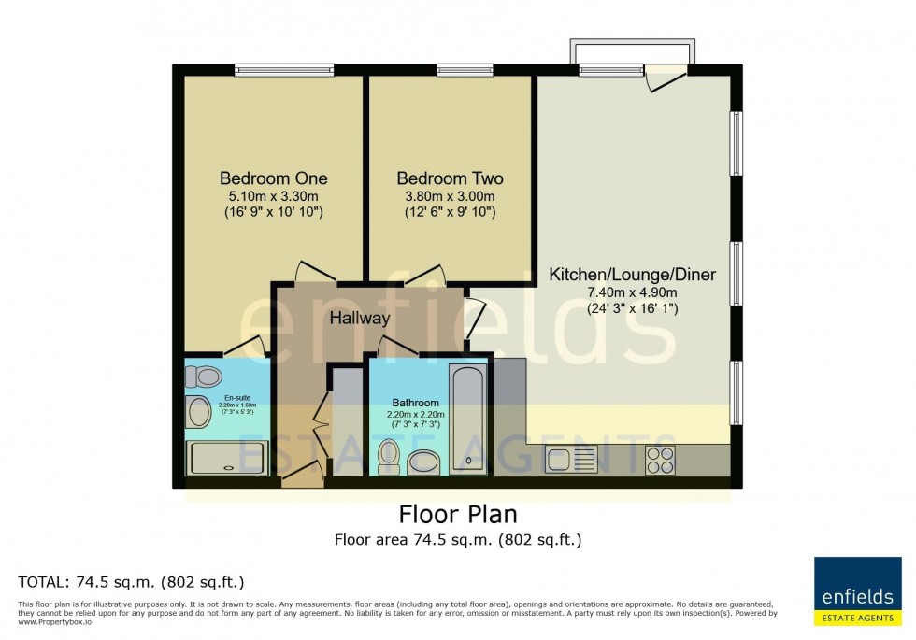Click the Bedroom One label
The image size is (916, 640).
[273, 178]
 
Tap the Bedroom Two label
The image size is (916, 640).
[450, 178]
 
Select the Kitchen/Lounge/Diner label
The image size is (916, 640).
[632, 275]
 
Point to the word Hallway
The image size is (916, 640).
[359, 318]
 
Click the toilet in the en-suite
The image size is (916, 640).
[204, 377]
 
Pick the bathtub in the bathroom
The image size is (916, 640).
[468, 420]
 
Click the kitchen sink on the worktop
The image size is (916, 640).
[571, 459]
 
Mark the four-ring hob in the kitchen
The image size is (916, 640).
[660, 459]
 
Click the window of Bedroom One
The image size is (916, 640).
[272, 68]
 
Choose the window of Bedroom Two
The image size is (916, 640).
[452, 68]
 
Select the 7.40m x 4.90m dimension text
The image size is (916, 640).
[632, 292]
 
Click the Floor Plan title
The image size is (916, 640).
[458, 514]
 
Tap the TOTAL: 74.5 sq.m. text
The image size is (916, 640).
[130, 581]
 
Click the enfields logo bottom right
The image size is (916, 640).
[857, 590]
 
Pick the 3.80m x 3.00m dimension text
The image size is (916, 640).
[450, 195]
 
